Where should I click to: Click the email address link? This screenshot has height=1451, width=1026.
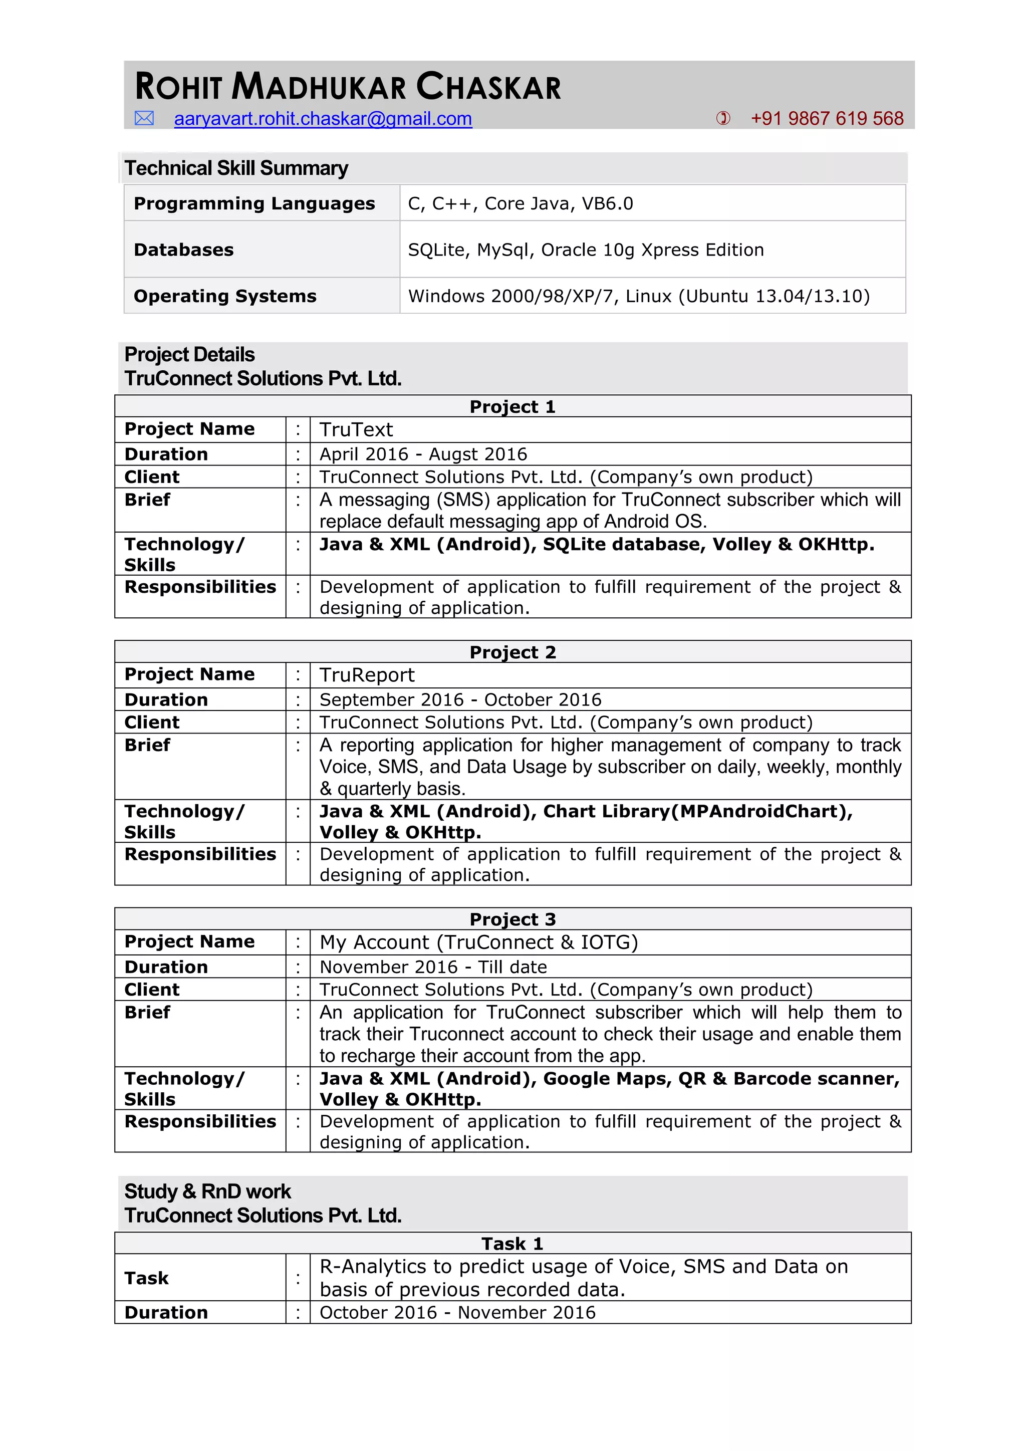323,119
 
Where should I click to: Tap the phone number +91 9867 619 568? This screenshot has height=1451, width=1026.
826,119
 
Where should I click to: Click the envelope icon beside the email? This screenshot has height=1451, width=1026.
144,118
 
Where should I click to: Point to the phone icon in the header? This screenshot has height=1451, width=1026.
723,118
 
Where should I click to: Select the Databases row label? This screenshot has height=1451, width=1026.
184,250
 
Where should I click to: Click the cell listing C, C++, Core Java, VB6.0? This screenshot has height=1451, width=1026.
520,203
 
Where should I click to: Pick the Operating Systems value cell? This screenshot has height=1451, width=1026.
639,296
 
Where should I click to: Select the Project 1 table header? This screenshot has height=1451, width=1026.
512,406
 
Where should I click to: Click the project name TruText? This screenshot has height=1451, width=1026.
356,430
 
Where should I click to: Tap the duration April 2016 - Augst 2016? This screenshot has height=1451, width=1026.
423,454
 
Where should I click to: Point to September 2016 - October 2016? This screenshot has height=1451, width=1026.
460,699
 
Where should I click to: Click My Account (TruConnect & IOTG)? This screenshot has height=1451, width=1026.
478,942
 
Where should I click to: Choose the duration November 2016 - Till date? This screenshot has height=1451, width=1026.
433,967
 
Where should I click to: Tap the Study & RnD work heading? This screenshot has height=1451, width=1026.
207,1191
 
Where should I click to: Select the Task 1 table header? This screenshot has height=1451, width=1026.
512,1244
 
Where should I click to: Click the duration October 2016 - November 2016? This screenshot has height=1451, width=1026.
457,1313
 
